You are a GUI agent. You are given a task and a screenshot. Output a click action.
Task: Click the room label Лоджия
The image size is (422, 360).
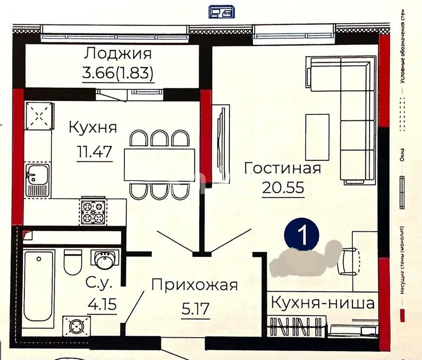click(x=118, y=54)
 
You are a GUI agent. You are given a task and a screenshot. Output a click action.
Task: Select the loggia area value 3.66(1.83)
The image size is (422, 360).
click(x=118, y=74)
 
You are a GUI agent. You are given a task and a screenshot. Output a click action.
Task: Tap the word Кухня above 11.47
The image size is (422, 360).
click(x=93, y=128)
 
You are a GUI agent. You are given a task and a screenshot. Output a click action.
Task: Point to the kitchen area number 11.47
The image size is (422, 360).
click(x=95, y=152)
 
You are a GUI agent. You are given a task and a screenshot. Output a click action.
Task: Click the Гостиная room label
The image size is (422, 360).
click(x=283, y=168)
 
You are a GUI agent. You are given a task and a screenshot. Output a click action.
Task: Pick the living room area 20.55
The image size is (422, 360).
click(x=283, y=188)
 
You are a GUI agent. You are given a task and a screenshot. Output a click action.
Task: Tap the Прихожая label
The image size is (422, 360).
click(x=195, y=285)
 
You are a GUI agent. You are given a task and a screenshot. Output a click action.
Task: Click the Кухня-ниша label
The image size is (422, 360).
click(x=323, y=303)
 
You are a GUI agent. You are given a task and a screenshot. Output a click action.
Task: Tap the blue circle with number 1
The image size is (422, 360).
click(x=302, y=235)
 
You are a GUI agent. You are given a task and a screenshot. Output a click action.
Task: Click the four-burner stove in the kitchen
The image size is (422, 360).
click(x=93, y=211)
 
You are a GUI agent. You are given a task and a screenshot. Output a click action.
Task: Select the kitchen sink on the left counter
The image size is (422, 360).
click(x=37, y=180)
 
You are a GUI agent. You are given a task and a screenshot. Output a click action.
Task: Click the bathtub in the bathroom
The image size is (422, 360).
click(x=38, y=288)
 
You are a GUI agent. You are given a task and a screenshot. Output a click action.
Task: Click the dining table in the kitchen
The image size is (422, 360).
click(x=159, y=165)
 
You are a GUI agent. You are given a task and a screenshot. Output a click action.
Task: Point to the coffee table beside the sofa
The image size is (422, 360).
click(x=317, y=137)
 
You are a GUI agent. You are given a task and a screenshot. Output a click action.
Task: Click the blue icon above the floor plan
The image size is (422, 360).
click(x=221, y=12)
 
